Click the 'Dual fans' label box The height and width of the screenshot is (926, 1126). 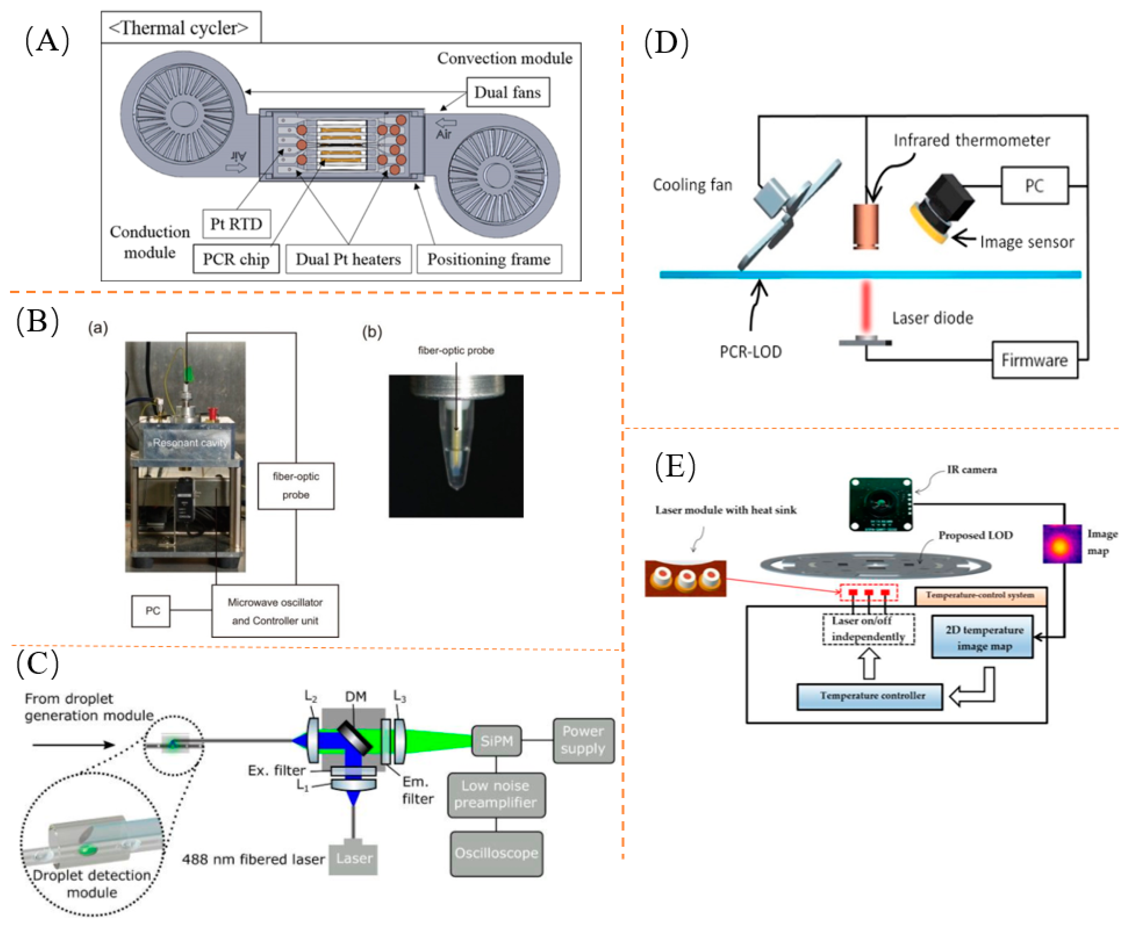point(508,92)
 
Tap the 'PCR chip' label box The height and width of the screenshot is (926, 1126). point(236,259)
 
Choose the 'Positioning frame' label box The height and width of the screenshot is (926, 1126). point(489,259)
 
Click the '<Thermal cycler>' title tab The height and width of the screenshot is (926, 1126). point(180,28)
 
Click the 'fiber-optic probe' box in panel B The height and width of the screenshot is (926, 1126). point(296,485)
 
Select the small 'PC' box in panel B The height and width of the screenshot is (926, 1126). point(151,610)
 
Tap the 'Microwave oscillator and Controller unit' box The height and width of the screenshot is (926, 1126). point(275,611)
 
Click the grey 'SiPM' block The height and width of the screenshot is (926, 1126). point(496,740)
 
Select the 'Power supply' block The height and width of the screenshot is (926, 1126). point(583,740)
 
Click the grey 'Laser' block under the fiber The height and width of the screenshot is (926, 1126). point(353,858)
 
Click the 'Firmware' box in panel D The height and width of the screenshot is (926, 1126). point(1034,360)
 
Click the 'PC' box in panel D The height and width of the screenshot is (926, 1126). point(1034,186)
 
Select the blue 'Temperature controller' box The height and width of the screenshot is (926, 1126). point(869,696)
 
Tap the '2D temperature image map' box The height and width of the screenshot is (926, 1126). point(982,637)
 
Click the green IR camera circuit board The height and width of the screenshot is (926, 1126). point(881,504)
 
